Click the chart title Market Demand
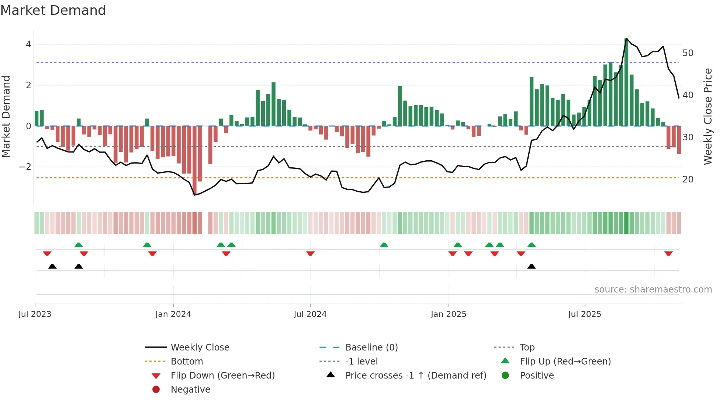(53, 10)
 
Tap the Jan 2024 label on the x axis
(173, 314)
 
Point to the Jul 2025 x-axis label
(585, 314)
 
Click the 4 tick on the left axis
(28, 44)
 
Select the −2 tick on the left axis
(25, 167)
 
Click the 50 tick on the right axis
(688, 53)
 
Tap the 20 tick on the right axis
(688, 179)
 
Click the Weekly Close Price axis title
(708, 116)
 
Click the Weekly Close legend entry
(200, 348)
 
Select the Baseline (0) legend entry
(371, 348)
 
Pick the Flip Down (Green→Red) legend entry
(222, 376)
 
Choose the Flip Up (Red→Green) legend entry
(565, 362)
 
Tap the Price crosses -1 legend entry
(415, 376)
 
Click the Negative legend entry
(190, 390)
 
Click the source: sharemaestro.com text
(653, 290)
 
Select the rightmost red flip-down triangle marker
(668, 253)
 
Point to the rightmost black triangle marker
(532, 267)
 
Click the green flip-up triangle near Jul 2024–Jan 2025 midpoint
(384, 245)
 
